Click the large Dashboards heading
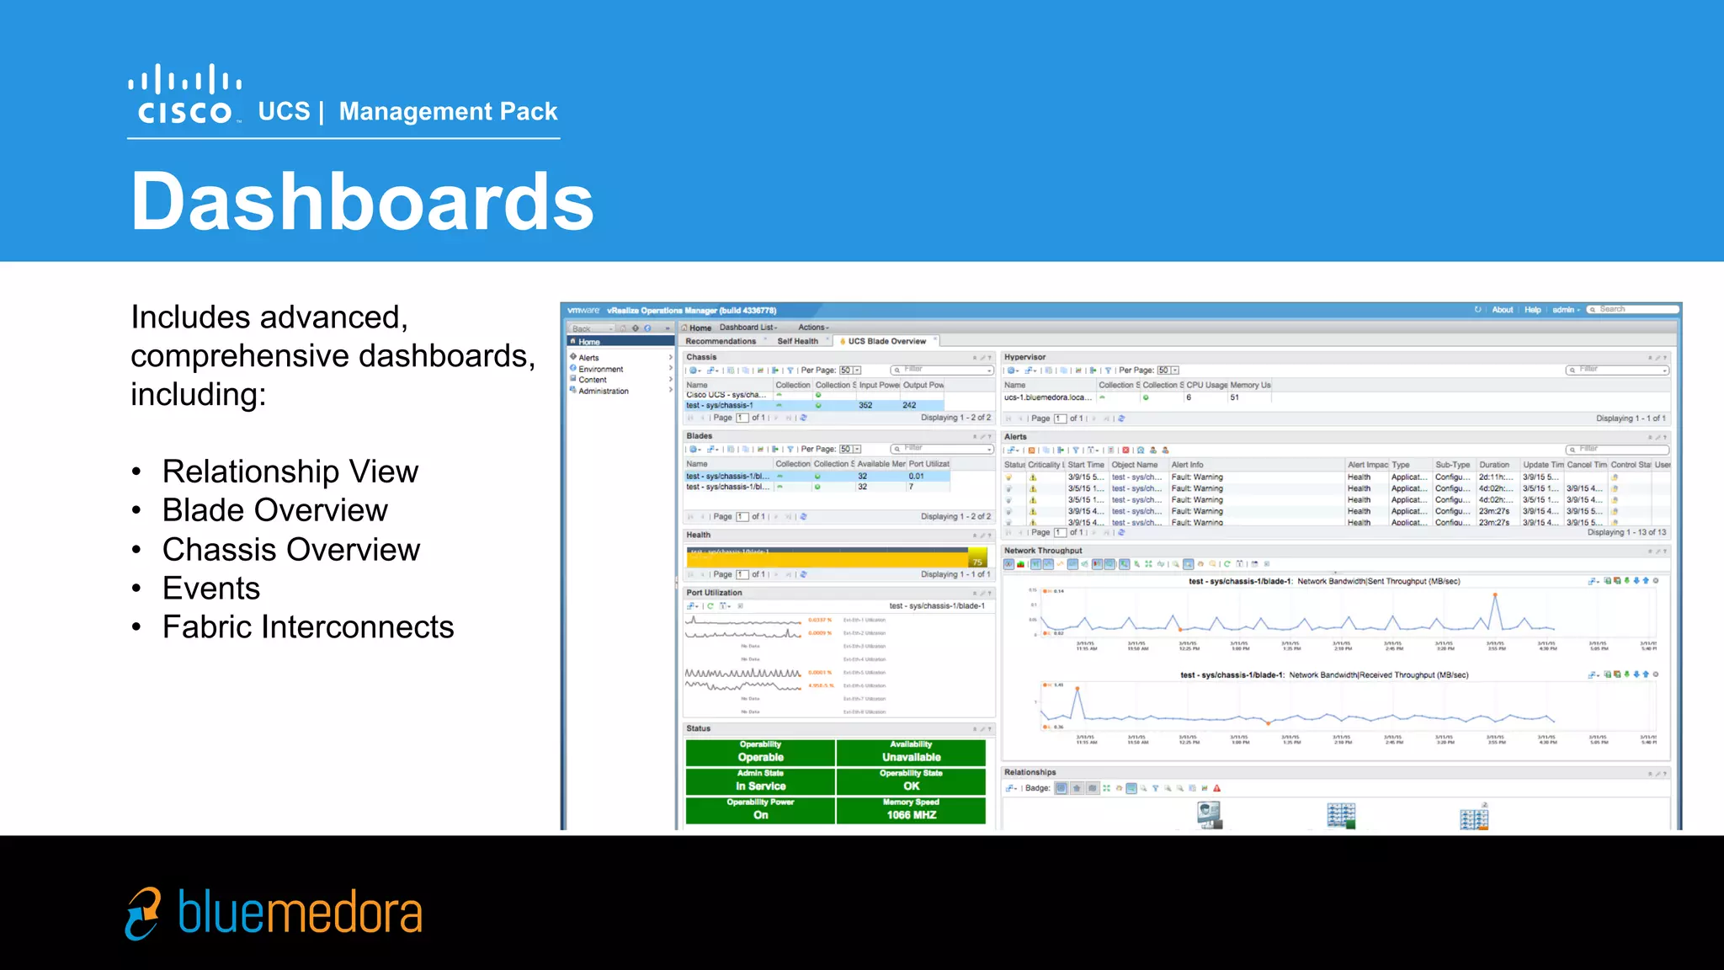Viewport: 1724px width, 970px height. pyautogui.click(x=362, y=201)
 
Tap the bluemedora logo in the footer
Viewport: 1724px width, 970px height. pyautogui.click(x=274, y=913)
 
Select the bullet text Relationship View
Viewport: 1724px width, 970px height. pyautogui.click(x=290, y=472)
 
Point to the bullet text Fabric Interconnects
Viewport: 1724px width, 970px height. pyautogui.click(x=307, y=627)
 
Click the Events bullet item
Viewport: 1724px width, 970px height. pyautogui.click(x=210, y=589)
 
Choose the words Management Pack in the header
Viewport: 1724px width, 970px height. pyautogui.click(x=448, y=111)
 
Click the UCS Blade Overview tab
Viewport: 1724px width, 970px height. pyautogui.click(x=886, y=341)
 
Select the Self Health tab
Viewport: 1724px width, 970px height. pyautogui.click(x=797, y=341)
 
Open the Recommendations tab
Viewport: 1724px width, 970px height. pyautogui.click(x=721, y=341)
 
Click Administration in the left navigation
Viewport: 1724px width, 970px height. pyautogui.click(x=603, y=392)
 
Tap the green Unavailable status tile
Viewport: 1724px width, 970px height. pyautogui.click(x=911, y=753)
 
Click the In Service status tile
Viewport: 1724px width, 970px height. pyautogui.click(x=760, y=781)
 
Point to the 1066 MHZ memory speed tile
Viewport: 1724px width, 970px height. pyautogui.click(x=911, y=811)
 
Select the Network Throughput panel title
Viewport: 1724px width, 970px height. pyautogui.click(x=1042, y=551)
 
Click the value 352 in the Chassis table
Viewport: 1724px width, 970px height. pyautogui.click(x=865, y=405)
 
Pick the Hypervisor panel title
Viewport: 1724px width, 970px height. pyautogui.click(x=1024, y=357)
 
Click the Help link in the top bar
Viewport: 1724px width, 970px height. pyautogui.click(x=1532, y=310)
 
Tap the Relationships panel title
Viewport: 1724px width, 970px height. pyautogui.click(x=1030, y=772)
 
